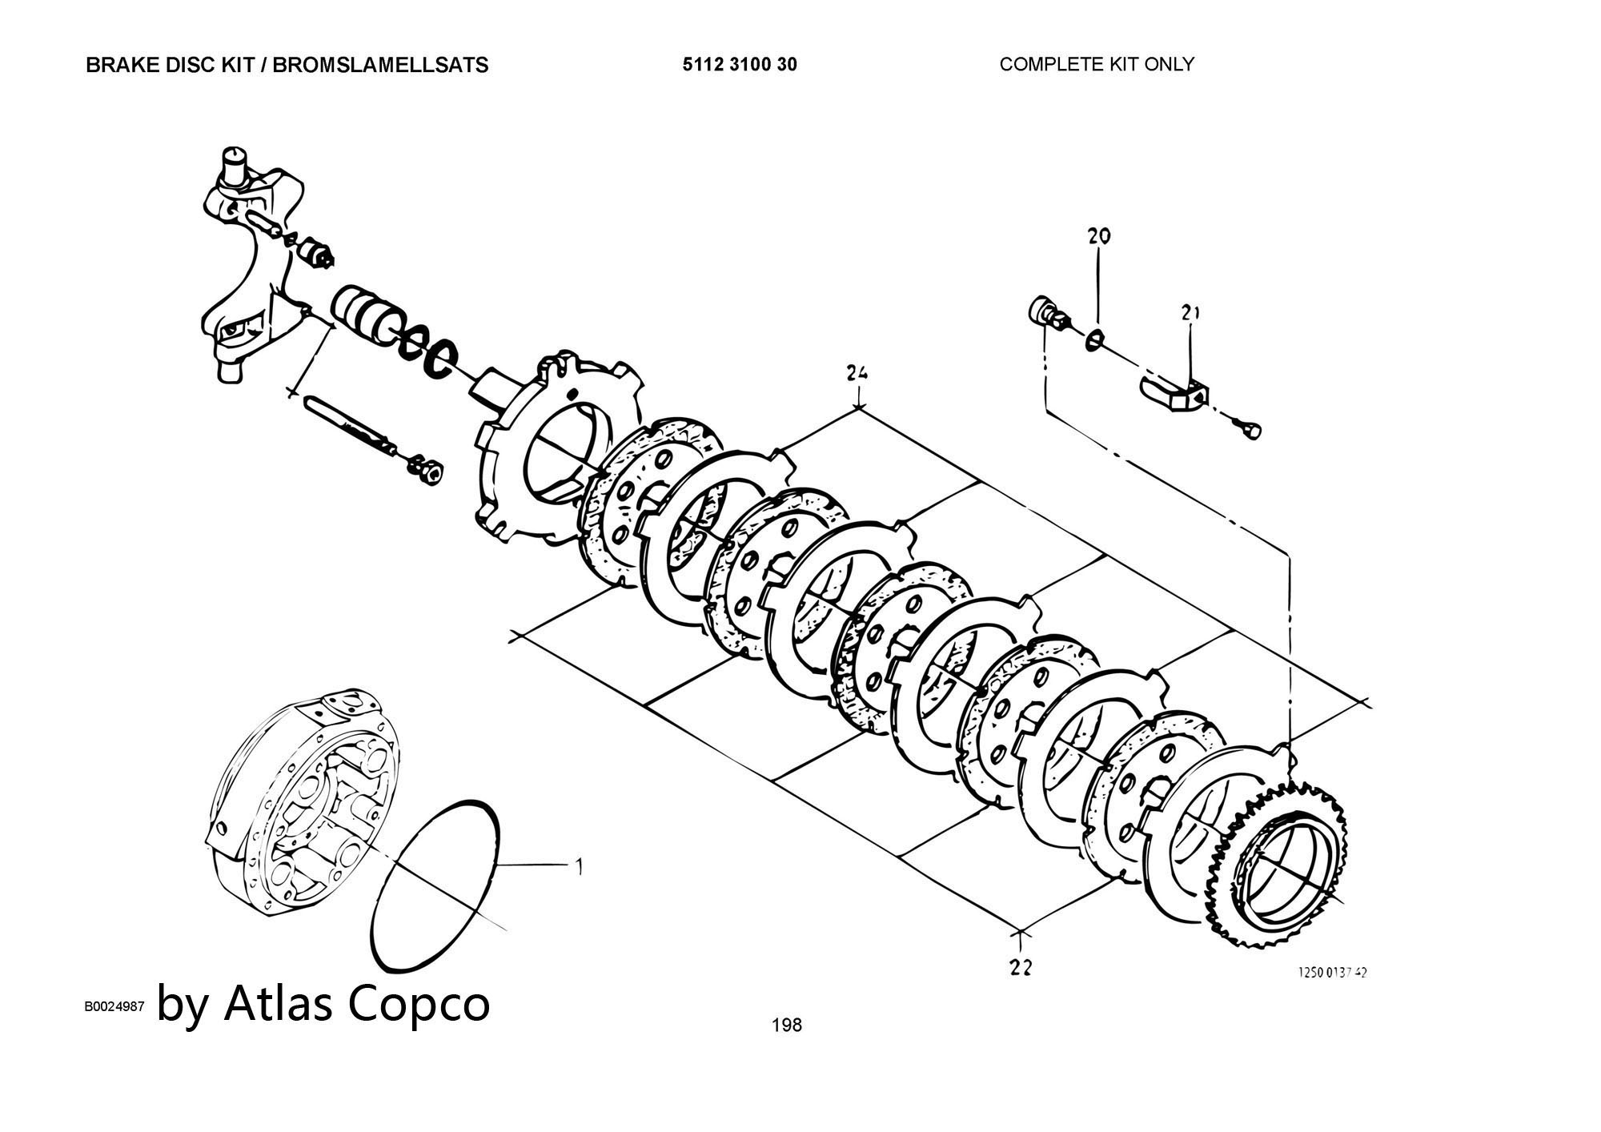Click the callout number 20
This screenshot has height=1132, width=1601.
pos(1099,235)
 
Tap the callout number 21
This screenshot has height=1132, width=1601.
pos(1190,312)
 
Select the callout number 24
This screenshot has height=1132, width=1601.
pos(857,372)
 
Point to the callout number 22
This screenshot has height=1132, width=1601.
pos(1021,968)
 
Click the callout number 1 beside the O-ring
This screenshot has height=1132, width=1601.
pos(579,865)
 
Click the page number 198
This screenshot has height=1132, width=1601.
pos(786,1025)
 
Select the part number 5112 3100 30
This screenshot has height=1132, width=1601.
pos(739,64)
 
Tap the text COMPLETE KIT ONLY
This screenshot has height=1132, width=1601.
pos(1096,64)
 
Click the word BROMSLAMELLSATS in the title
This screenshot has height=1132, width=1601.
pos(380,65)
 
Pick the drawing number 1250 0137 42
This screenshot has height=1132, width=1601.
pos(1332,972)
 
